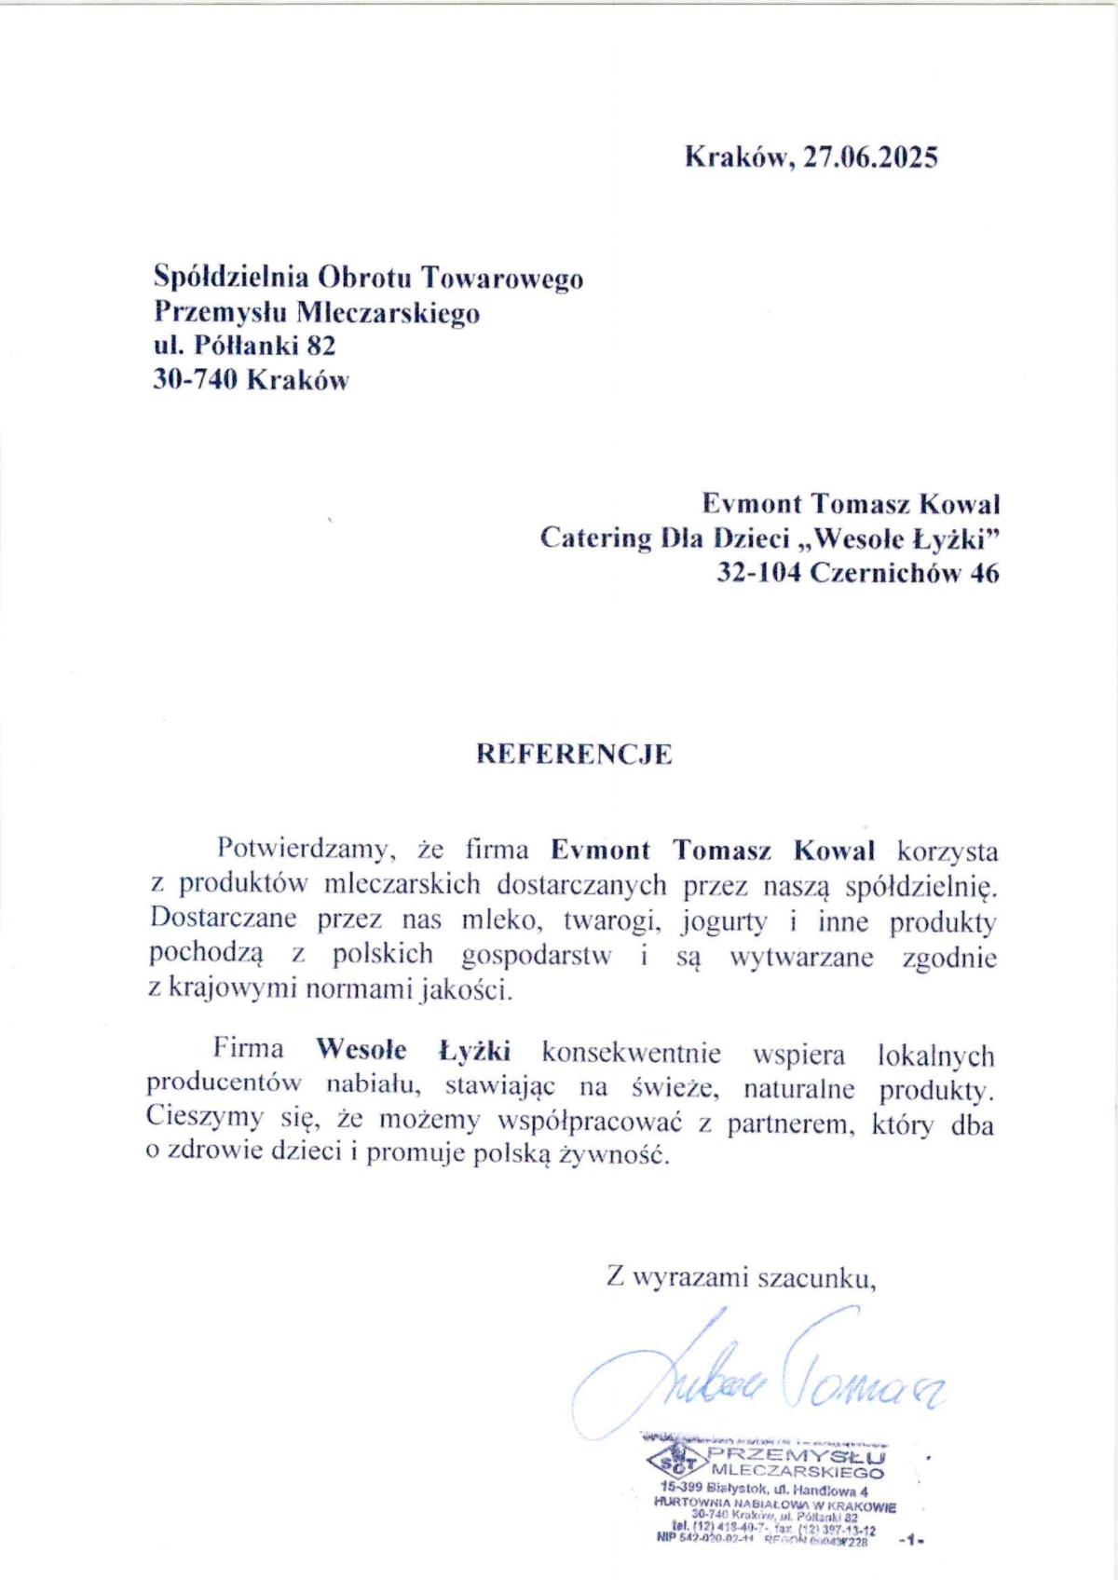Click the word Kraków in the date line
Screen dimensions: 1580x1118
click(x=738, y=157)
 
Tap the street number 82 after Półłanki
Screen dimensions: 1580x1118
click(x=320, y=346)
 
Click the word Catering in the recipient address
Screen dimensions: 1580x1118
click(x=595, y=538)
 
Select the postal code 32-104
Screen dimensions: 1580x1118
click(x=758, y=573)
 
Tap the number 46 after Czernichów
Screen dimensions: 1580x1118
click(x=984, y=573)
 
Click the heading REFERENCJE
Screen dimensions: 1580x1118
click(x=574, y=754)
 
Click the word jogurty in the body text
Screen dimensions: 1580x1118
click(x=724, y=921)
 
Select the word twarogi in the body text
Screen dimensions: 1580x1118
click(x=612, y=921)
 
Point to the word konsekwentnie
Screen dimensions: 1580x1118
click(x=632, y=1054)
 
